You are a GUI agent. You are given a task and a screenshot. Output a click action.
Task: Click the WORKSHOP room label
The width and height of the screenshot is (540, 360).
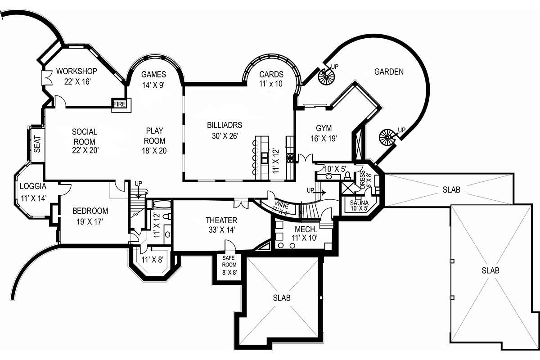[x=76, y=71]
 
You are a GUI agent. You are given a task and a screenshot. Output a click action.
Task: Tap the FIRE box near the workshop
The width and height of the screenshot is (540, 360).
[x=120, y=104]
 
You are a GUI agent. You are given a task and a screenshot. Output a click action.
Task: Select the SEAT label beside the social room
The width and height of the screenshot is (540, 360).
[x=37, y=144]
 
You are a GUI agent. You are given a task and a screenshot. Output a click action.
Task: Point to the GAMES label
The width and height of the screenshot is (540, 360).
[x=153, y=74]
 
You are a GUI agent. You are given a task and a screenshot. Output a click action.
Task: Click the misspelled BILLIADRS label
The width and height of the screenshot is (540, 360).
[x=225, y=125]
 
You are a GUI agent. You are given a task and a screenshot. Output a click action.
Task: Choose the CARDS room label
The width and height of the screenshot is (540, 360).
[x=271, y=74]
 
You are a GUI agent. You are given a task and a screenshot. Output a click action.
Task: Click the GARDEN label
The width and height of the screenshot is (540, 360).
[x=389, y=72]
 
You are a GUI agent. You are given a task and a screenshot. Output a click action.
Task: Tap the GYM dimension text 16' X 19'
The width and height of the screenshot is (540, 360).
[x=324, y=139]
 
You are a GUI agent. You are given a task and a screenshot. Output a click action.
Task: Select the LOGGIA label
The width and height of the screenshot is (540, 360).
[x=33, y=186]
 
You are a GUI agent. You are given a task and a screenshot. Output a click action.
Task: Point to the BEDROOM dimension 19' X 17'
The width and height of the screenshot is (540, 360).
[x=90, y=221]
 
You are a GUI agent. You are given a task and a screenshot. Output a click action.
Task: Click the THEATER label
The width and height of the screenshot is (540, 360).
[x=221, y=220]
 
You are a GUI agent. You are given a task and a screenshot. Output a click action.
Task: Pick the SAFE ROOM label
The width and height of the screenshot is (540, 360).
[x=229, y=261]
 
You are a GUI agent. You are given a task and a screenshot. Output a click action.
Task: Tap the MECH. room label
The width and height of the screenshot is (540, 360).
[x=306, y=229]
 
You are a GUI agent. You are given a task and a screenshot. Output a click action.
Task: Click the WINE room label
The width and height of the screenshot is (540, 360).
[x=282, y=205]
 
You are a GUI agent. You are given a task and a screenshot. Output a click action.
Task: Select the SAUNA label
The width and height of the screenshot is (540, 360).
[x=359, y=203]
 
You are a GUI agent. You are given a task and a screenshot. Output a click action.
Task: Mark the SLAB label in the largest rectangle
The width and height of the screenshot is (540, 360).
[x=490, y=270]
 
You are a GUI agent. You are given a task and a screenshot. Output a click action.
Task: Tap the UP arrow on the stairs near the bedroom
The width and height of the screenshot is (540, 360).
[x=139, y=192]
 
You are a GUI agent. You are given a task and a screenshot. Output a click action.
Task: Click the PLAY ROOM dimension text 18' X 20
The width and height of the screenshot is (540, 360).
[x=154, y=151]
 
